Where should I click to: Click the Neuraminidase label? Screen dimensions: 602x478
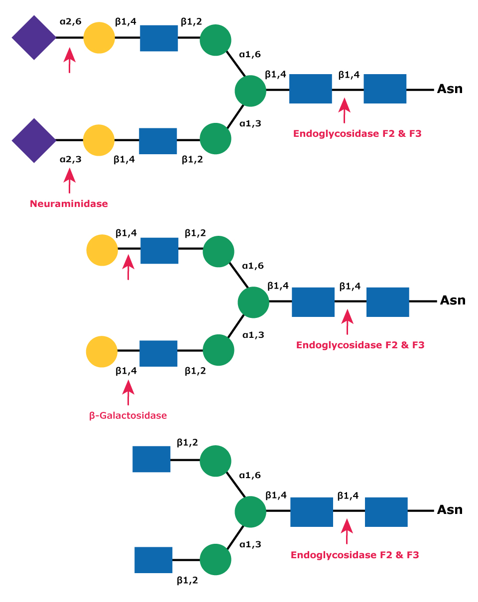[x=69, y=203]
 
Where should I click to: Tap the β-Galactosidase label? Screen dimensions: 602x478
[x=128, y=415]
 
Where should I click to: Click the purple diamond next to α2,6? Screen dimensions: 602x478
[x=34, y=38]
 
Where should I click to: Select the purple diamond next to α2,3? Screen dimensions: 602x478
[x=34, y=140]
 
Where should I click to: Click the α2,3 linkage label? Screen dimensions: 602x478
[x=70, y=160]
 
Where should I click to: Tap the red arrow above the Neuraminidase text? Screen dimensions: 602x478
[x=70, y=180]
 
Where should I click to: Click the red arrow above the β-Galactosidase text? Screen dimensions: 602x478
[x=128, y=392]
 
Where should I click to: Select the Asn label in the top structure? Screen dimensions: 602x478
[x=450, y=90]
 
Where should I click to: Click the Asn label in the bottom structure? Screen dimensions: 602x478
[x=450, y=510]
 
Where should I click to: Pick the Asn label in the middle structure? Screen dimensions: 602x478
[x=452, y=301]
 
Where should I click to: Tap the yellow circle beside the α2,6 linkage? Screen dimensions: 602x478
[x=99, y=38]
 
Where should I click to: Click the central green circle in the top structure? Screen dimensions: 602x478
[x=250, y=91]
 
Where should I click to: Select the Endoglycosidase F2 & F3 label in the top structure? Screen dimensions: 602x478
[x=358, y=133]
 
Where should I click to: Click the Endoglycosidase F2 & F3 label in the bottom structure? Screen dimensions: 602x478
[x=355, y=554]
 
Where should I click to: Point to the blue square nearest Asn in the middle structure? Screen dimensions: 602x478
[x=387, y=302]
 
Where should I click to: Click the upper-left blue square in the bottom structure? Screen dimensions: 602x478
[x=151, y=459]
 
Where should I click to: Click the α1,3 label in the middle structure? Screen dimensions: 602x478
[x=253, y=335]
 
